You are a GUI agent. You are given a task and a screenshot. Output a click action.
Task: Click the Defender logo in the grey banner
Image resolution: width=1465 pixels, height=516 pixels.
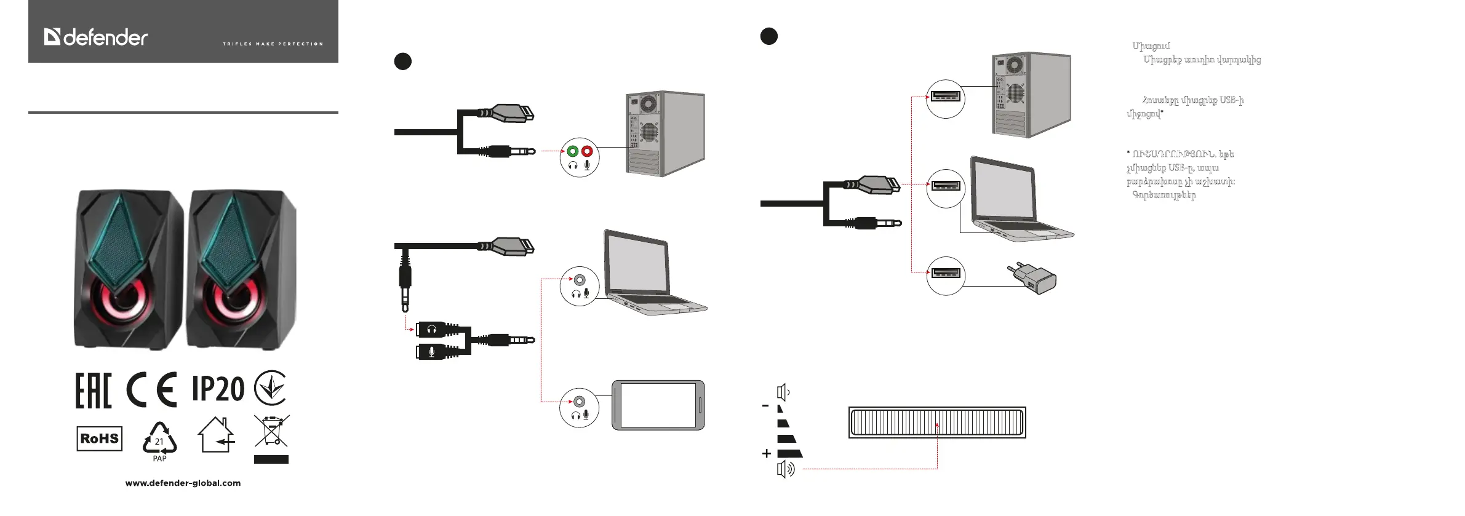coord(96,38)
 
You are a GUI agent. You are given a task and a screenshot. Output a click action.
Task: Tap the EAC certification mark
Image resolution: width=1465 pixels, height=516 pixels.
coord(94,390)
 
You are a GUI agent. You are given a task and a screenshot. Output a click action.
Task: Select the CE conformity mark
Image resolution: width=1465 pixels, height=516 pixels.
coord(151,390)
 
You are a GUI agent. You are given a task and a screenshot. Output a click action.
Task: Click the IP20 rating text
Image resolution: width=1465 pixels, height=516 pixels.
coord(218,389)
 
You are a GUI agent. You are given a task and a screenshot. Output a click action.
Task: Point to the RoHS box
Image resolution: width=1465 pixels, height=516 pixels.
coord(99,439)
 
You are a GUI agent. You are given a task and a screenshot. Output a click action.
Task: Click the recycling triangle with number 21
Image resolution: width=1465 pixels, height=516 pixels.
coord(159,439)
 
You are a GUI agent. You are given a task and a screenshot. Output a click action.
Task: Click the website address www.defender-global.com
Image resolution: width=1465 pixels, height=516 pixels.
coord(183,483)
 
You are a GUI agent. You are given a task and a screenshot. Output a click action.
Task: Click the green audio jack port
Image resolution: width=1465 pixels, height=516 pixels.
coord(573,151)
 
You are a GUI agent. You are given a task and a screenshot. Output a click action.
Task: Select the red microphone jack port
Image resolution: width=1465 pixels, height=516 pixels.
coord(587,151)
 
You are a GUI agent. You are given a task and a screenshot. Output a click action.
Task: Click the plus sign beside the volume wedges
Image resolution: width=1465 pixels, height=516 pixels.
coord(766,453)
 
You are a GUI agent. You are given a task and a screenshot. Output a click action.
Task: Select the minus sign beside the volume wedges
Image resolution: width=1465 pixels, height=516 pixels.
coord(765,406)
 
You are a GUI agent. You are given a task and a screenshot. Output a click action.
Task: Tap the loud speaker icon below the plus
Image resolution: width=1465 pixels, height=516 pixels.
coord(786,470)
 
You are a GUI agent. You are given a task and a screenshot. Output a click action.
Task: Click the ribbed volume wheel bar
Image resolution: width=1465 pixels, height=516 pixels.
coord(937,422)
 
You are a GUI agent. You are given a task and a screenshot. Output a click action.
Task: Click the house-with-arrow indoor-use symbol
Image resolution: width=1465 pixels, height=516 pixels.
coord(217,435)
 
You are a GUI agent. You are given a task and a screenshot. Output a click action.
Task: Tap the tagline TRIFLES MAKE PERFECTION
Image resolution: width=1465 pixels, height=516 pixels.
coord(273,44)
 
